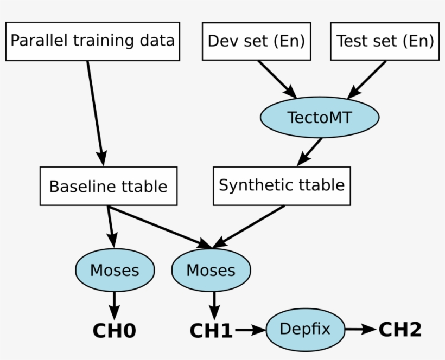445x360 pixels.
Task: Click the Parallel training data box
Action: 92,41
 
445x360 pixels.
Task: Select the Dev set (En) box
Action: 256,41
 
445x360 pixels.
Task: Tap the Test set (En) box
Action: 385,41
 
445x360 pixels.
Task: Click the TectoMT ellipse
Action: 319,117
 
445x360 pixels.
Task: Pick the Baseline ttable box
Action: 109,187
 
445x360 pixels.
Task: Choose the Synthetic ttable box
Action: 282,185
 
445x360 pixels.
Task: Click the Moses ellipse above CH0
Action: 115,270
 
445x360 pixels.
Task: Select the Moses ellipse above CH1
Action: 211,271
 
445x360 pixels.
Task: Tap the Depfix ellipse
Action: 305,329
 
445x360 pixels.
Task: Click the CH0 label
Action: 114,330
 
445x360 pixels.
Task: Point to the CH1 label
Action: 211,330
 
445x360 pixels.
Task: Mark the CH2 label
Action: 399,329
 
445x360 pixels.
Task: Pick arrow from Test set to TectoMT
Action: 367,79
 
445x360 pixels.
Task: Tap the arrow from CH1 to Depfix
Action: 250,329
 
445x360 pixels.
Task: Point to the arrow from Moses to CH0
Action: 114,306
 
